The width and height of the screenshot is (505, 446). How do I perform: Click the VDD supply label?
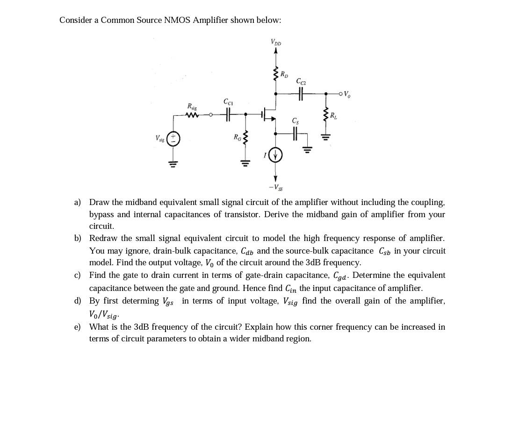click(x=276, y=42)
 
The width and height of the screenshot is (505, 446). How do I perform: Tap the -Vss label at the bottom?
click(x=275, y=188)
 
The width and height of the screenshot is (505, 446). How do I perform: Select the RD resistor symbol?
click(x=276, y=75)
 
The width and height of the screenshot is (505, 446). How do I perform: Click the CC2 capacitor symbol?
click(x=302, y=94)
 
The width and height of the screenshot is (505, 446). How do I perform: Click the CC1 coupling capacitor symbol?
click(x=228, y=113)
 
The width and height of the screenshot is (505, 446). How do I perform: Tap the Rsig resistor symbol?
click(x=192, y=114)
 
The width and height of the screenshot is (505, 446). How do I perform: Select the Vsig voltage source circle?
click(x=173, y=139)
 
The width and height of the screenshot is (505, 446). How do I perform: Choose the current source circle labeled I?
click(x=275, y=155)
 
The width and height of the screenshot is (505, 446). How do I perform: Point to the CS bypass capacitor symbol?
click(x=295, y=134)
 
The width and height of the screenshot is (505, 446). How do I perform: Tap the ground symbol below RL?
click(x=326, y=137)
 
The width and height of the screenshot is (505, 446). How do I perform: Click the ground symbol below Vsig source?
click(x=173, y=163)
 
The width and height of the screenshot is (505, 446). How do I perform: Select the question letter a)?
click(x=77, y=202)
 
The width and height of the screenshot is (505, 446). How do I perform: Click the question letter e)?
click(x=77, y=327)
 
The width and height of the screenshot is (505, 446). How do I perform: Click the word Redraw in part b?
click(x=103, y=238)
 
